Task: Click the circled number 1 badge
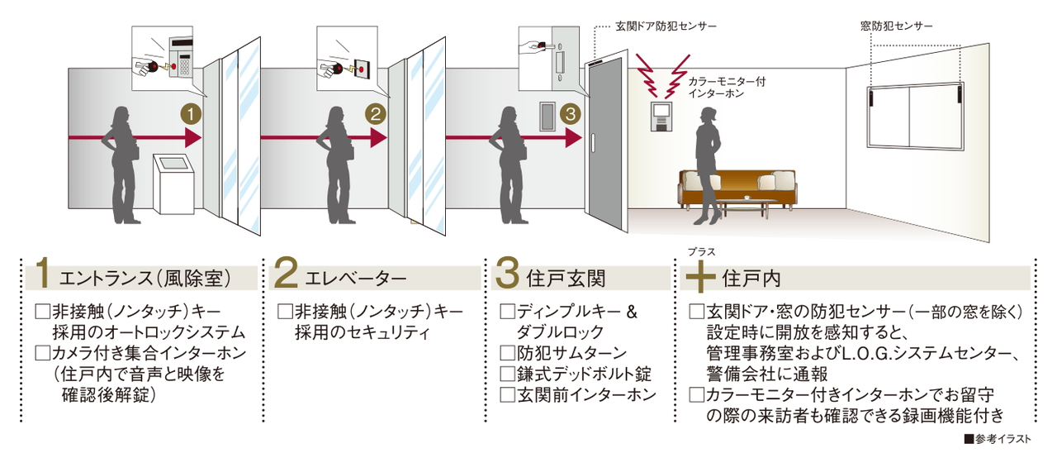pyautogui.click(x=191, y=114)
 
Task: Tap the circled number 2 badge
pyautogui.click(x=376, y=114)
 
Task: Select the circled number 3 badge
pyautogui.click(x=571, y=114)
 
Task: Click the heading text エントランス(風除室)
pyautogui.click(x=145, y=279)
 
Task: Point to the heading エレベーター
pyautogui.click(x=355, y=279)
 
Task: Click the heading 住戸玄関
pyautogui.click(x=566, y=279)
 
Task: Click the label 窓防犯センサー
pyautogui.click(x=896, y=26)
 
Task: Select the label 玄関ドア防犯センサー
pyautogui.click(x=666, y=26)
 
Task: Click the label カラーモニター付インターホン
pyautogui.click(x=727, y=88)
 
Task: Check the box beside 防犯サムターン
pyautogui.click(x=507, y=353)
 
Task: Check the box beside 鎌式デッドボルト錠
pyautogui.click(x=507, y=374)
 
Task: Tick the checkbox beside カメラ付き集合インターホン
pyautogui.click(x=42, y=353)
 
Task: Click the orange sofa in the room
pyautogui.click(x=737, y=189)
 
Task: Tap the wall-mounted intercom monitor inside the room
pyautogui.click(x=661, y=117)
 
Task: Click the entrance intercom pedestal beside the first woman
pyautogui.click(x=173, y=184)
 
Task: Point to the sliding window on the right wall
pyautogui.click(x=916, y=117)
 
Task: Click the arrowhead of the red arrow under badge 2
pyautogui.click(x=378, y=138)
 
